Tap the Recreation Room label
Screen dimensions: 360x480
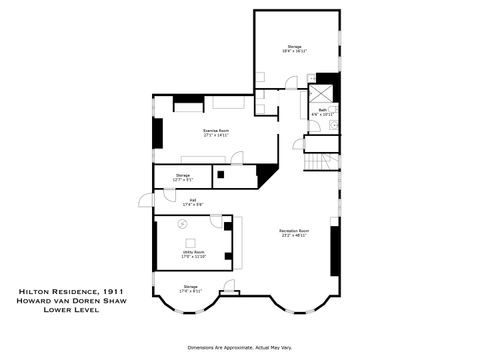pos(293,233)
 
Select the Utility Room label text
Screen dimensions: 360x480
pos(193,254)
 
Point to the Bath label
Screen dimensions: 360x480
pos(322,111)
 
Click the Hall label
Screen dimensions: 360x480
pos(192,202)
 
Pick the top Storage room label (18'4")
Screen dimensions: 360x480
pos(294,49)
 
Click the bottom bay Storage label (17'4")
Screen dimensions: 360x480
pos(191,289)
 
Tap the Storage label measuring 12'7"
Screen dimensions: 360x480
pos(182,177)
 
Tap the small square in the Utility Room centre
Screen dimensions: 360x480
pos(193,240)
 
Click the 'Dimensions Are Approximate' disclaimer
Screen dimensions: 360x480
pos(240,347)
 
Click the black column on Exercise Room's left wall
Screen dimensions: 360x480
pos(157,133)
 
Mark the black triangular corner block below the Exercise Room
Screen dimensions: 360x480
pos(266,174)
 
